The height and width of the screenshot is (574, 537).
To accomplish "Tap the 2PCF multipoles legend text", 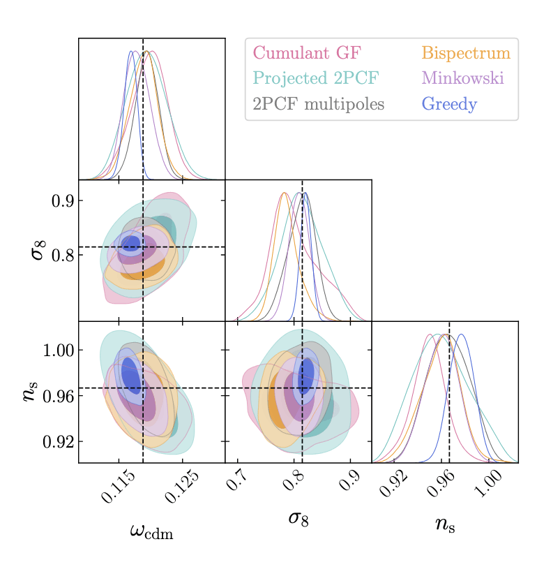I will pos(318,105).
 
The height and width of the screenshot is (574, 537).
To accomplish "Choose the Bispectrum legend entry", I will pos(466,53).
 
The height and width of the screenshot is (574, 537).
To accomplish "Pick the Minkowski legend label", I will pos(462,79).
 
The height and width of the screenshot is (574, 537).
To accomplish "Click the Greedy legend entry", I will pos(449,105).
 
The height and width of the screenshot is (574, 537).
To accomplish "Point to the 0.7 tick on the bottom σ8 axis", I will pos(238,481).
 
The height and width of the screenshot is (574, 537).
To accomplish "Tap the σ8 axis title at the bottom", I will pos(298,518).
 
